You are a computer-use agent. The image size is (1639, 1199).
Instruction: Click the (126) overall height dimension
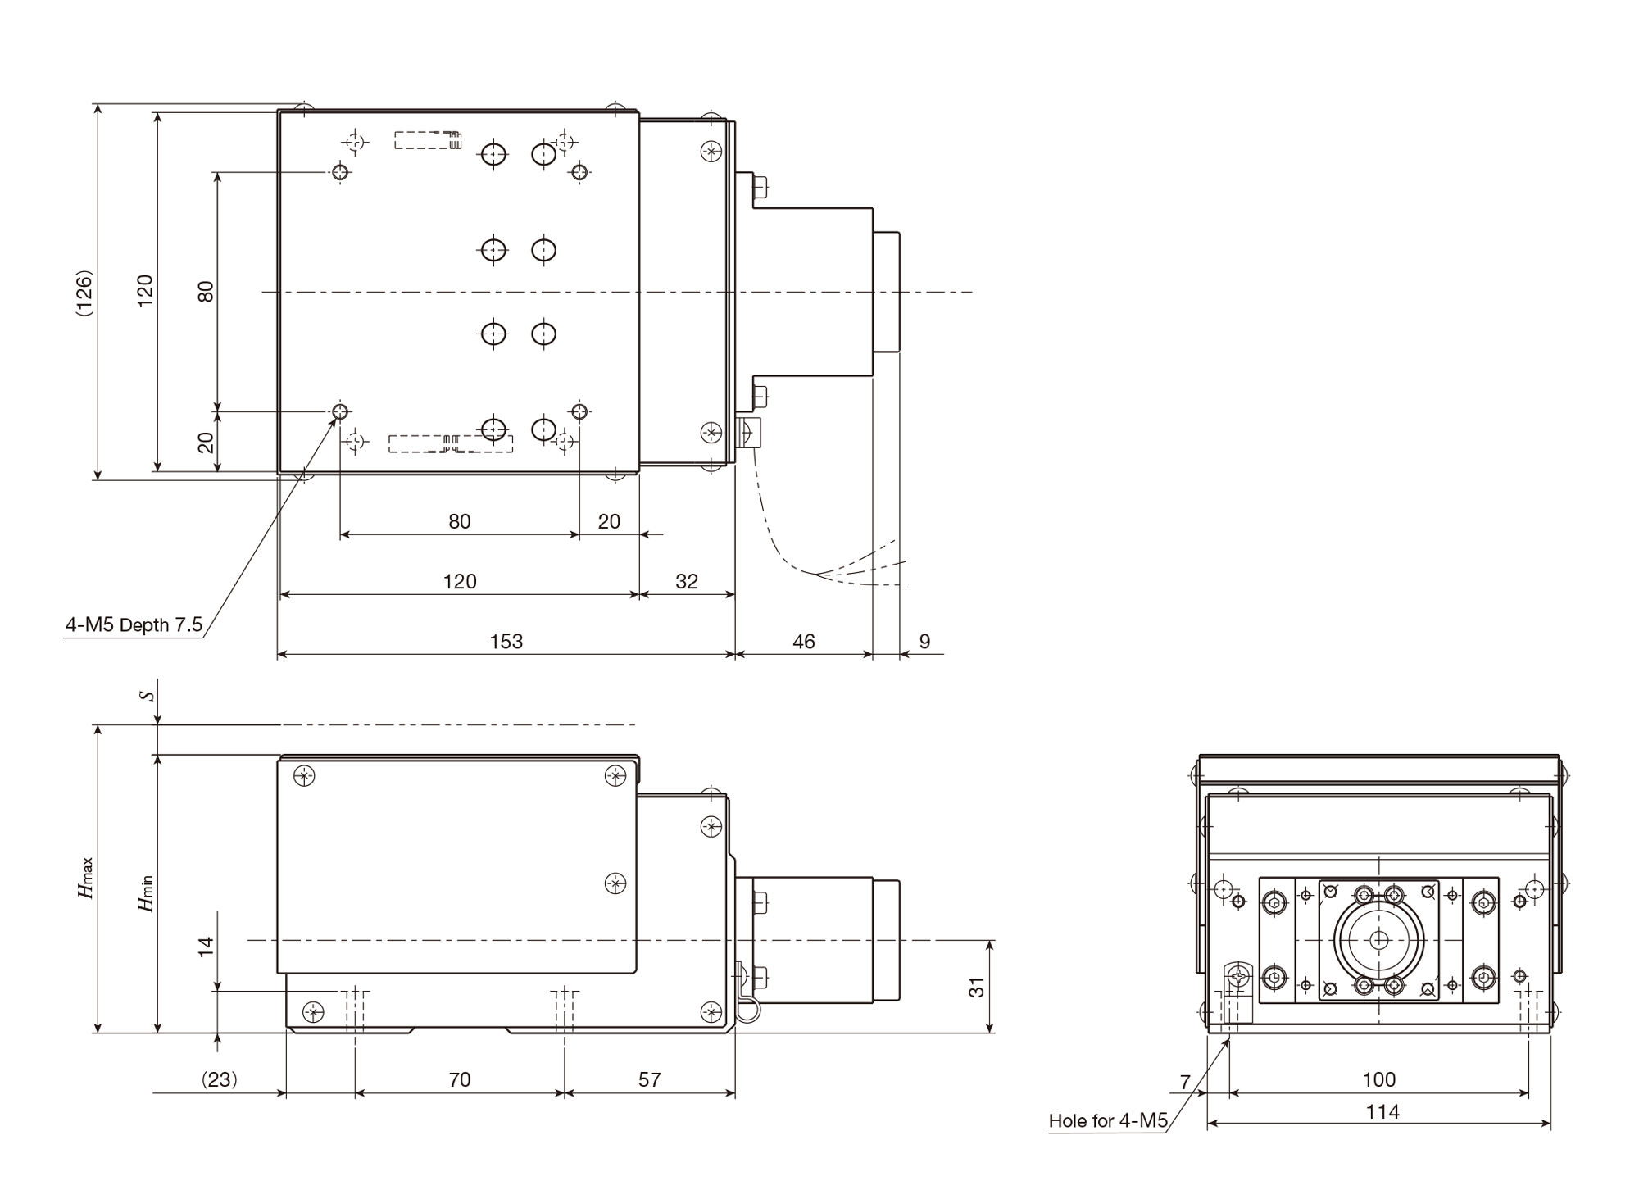pyautogui.click(x=84, y=292)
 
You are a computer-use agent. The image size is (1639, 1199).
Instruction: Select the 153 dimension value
pyautogui.click(x=506, y=642)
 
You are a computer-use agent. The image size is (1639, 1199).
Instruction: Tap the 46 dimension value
pyautogui.click(x=804, y=642)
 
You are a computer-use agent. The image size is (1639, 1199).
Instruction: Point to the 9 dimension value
pyautogui.click(x=924, y=642)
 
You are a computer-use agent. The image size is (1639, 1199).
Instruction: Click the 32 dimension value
pyautogui.click(x=687, y=582)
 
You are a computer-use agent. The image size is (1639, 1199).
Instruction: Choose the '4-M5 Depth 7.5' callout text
pyautogui.click(x=134, y=625)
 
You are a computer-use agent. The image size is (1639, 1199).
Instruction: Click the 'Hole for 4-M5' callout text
pyautogui.click(x=1108, y=1121)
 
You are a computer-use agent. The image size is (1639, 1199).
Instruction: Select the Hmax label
pyautogui.click(x=86, y=878)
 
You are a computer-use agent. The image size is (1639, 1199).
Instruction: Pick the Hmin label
pyautogui.click(x=145, y=893)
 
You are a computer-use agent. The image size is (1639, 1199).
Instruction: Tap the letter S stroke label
pyautogui.click(x=147, y=695)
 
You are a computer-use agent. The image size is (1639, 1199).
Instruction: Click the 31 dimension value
pyautogui.click(x=977, y=988)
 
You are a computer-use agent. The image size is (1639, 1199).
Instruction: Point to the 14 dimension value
pyautogui.click(x=206, y=947)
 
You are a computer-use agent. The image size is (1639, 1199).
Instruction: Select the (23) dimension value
pyautogui.click(x=220, y=1080)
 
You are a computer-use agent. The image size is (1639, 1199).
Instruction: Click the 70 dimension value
pyautogui.click(x=460, y=1080)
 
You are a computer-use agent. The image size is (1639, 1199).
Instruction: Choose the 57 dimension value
pyautogui.click(x=650, y=1080)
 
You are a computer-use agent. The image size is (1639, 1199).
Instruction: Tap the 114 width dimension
pyautogui.click(x=1382, y=1112)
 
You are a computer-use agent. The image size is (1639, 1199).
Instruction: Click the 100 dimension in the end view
pyautogui.click(x=1379, y=1080)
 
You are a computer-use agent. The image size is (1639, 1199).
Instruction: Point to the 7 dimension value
pyautogui.click(x=1185, y=1083)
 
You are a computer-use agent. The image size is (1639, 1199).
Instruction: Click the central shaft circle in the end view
pyautogui.click(x=1379, y=940)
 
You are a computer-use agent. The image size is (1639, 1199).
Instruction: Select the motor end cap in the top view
pyautogui.click(x=887, y=292)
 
